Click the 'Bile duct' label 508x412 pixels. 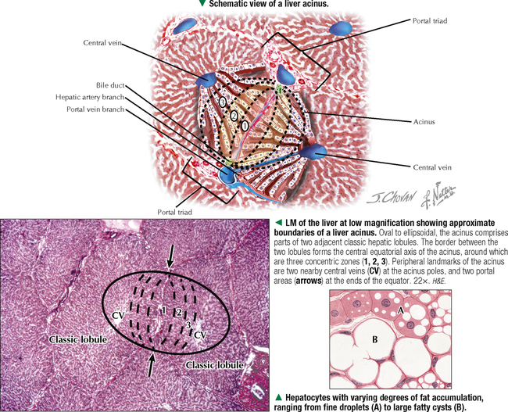[110, 85]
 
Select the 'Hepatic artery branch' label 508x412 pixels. [90, 97]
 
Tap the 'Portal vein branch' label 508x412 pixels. [95, 109]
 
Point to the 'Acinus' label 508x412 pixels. [424, 122]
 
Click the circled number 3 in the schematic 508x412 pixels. [222, 102]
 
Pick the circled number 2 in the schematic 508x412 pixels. [234, 114]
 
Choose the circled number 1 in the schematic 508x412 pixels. [245, 125]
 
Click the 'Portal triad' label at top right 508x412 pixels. [430, 21]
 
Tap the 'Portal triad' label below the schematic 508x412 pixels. [174, 213]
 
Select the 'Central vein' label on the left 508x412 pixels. [102, 43]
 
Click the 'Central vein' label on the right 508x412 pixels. [432, 167]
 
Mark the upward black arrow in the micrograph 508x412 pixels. [151, 364]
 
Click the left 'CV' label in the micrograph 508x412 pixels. [118, 315]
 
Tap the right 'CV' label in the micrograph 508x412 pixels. [200, 335]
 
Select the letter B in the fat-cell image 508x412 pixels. [375, 339]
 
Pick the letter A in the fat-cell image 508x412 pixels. [400, 310]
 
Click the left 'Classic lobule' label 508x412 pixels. [77, 339]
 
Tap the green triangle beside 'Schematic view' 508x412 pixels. [202, 3]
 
